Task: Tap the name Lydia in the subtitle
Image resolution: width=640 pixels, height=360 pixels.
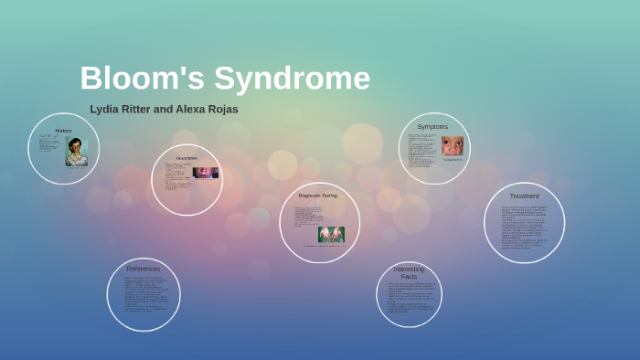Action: [105, 109]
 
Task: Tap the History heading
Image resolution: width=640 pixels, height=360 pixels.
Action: [63, 131]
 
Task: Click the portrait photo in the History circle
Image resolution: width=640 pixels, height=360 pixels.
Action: [77, 152]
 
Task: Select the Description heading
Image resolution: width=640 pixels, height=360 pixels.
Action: [187, 159]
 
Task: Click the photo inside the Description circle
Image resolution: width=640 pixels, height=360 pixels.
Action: [206, 173]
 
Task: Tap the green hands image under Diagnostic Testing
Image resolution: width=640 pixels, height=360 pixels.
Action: [331, 234]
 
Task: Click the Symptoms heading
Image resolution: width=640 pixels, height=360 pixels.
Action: [433, 126]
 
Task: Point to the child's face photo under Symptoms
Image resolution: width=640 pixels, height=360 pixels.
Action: [453, 146]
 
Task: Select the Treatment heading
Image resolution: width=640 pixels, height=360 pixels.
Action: [525, 196]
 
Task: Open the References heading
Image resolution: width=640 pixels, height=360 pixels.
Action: [144, 269]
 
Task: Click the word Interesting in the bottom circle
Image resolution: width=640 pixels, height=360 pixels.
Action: [409, 270]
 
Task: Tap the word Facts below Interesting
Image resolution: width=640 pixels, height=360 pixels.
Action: [409, 277]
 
